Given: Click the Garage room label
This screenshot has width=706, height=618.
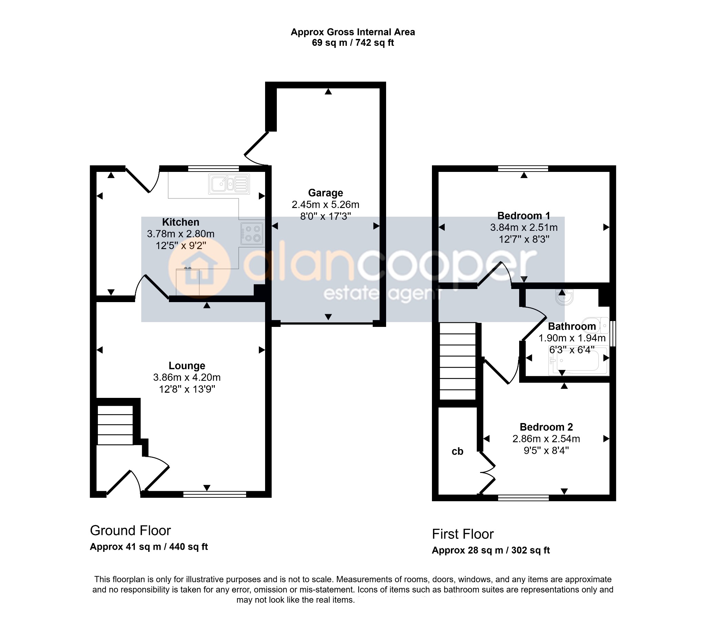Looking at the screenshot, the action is (325, 193).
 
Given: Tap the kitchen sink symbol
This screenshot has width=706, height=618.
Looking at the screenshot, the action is (229, 184).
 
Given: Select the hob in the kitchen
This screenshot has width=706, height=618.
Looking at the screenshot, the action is (252, 234).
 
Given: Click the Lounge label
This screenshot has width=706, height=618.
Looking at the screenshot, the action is (187, 365).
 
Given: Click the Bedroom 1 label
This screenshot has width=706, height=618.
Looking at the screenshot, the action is (524, 216).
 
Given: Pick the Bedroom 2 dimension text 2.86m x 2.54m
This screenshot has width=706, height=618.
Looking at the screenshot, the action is (546, 439).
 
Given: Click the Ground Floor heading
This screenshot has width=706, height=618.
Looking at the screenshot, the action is (130, 531).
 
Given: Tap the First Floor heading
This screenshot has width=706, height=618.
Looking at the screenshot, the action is (463, 534).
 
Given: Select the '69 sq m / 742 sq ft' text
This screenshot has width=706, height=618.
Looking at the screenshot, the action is (353, 43).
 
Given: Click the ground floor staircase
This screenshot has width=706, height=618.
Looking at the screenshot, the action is (115, 425).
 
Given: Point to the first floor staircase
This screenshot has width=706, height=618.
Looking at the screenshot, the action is (457, 361).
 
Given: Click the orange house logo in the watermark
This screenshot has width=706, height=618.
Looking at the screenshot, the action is (200, 268).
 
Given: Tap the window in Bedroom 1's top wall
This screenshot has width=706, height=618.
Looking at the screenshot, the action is (523, 168).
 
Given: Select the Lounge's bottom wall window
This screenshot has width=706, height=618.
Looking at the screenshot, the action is (215, 495).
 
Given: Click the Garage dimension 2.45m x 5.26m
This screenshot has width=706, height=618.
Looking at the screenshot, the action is (325, 205).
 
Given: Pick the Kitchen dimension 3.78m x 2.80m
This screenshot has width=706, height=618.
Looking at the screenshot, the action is (181, 234).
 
